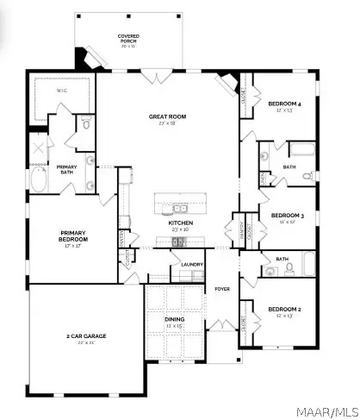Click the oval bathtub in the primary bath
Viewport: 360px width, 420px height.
pyautogui.click(x=39, y=180)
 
